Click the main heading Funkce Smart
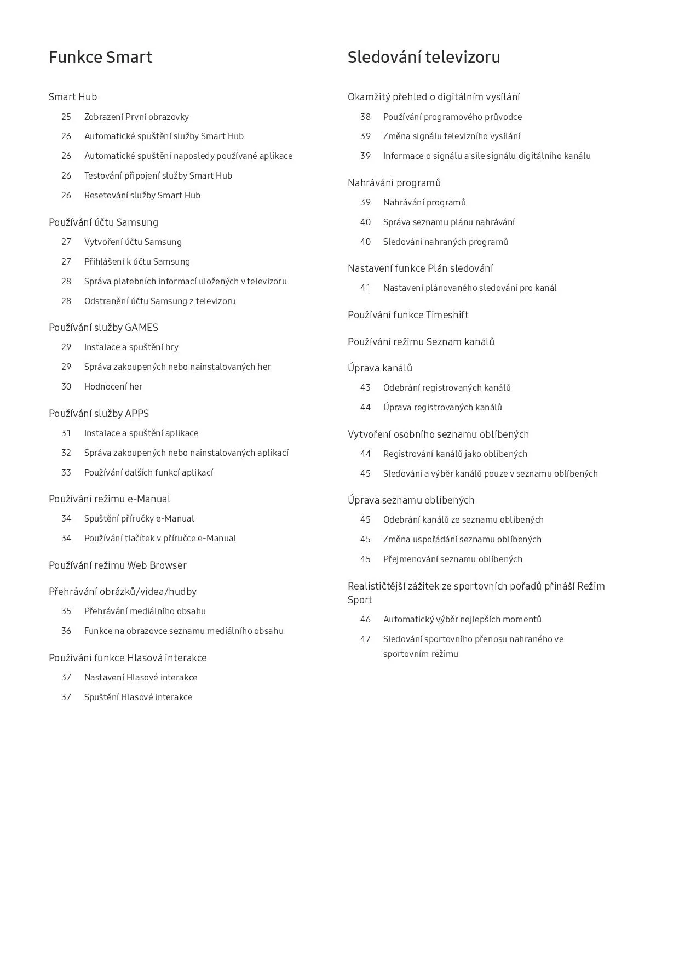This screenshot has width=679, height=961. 100,58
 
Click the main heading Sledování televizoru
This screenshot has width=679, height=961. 423,58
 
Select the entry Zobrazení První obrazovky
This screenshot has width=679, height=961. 136,117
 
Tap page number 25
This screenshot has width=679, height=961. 66,117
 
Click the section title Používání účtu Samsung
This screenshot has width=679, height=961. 103,222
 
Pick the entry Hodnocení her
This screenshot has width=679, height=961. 113,386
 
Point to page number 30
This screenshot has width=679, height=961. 66,386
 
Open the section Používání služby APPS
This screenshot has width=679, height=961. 99,413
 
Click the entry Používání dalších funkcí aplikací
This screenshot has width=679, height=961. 148,472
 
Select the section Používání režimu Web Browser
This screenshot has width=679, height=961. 117,565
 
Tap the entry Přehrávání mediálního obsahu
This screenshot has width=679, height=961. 145,611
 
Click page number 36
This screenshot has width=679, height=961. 66,631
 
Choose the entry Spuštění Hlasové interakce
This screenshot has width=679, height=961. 138,697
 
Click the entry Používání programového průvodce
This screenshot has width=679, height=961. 452,117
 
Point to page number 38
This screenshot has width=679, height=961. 365,117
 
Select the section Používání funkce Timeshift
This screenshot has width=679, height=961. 408,314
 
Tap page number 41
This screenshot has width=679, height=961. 365,288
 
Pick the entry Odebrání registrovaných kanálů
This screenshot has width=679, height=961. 447,387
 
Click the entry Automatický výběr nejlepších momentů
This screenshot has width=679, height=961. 462,619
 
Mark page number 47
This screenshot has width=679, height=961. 365,639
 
